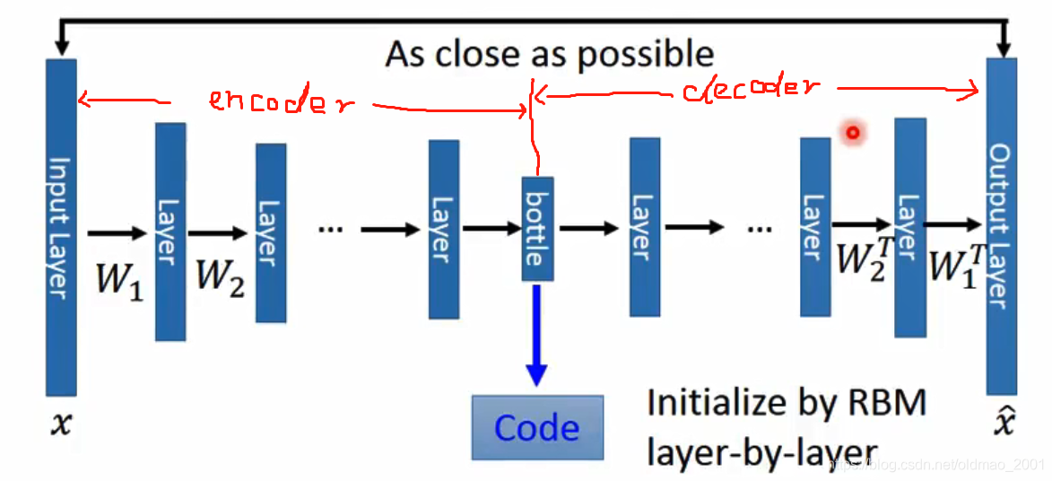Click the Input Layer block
click(x=61, y=228)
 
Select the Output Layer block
click(x=1001, y=226)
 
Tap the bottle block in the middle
click(x=537, y=229)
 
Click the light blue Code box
click(x=537, y=427)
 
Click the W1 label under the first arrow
click(x=119, y=280)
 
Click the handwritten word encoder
click(x=281, y=101)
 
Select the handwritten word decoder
click(x=752, y=89)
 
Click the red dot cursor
click(x=852, y=134)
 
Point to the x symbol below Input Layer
click(x=60, y=424)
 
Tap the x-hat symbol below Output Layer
click(x=1003, y=422)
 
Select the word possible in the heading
click(x=645, y=55)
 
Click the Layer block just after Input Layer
click(x=170, y=232)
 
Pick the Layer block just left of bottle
click(x=444, y=229)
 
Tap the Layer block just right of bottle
click(x=645, y=227)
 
